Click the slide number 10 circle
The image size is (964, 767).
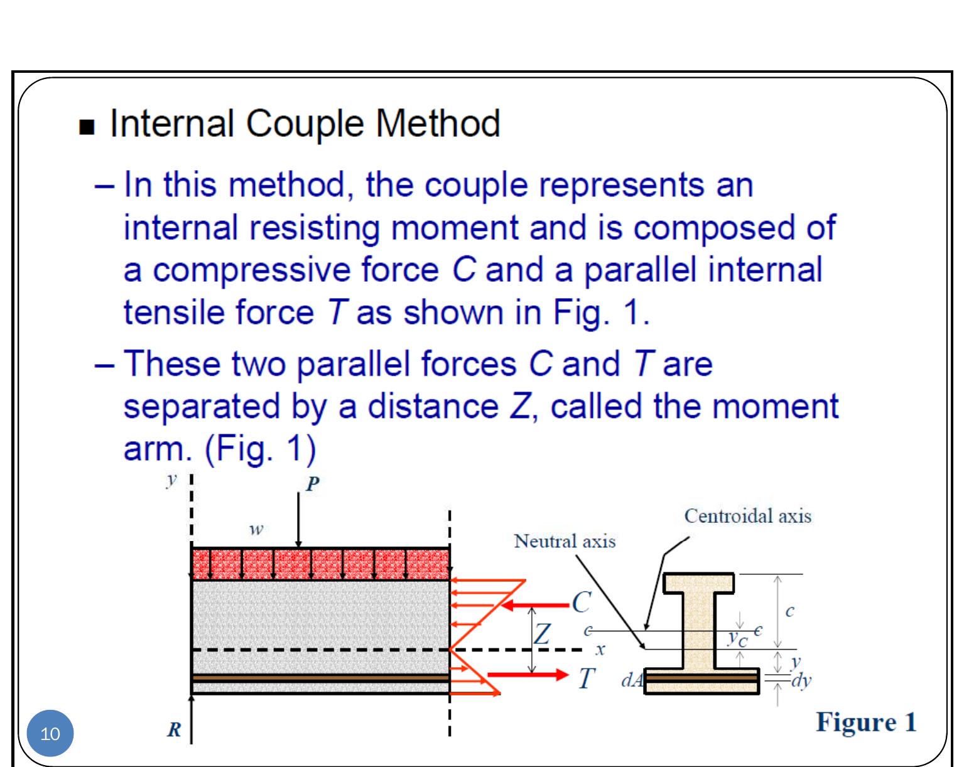[50, 733]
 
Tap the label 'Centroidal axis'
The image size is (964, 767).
[747, 517]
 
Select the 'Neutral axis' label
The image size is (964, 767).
[565, 541]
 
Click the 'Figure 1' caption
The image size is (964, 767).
[866, 722]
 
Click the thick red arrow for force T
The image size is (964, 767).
[528, 675]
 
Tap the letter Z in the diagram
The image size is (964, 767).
[541, 634]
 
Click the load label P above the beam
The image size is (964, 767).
[312, 484]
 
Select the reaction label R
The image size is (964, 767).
[174, 730]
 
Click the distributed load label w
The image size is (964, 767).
[256, 530]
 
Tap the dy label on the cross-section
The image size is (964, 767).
[801, 681]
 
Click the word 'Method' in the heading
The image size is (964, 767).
[437, 123]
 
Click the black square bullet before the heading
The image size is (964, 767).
[86, 127]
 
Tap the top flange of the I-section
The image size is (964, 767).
[699, 583]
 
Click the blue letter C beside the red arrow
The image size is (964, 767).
[581, 603]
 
